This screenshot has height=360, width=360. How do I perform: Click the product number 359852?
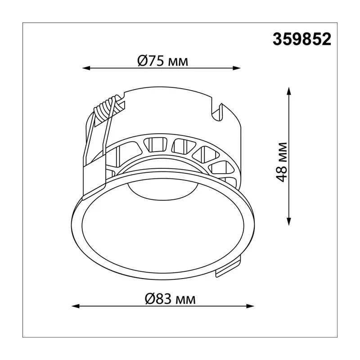(x=302, y=39)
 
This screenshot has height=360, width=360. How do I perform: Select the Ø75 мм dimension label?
(x=162, y=61)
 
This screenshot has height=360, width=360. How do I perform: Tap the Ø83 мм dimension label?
(x=170, y=299)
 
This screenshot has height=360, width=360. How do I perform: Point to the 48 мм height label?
(x=281, y=162)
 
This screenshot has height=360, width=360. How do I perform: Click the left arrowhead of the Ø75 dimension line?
(x=86, y=68)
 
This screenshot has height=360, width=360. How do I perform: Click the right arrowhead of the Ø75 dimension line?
(x=237, y=68)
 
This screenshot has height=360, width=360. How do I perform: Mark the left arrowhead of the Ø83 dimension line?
(x=76, y=306)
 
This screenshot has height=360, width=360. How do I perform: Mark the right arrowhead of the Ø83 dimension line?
(x=250, y=306)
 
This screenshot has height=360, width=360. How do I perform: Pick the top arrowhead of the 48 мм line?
(x=289, y=91)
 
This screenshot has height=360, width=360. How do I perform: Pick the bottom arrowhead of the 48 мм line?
(x=289, y=221)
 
